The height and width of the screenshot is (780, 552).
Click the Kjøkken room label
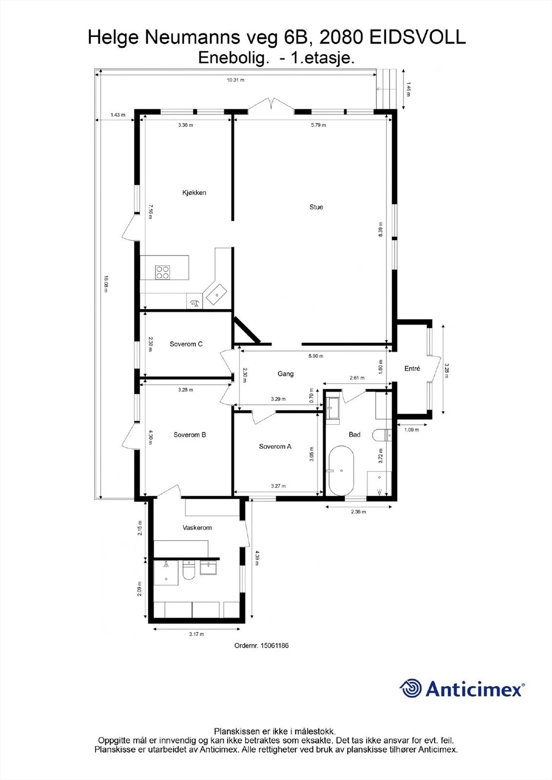tap(194, 193)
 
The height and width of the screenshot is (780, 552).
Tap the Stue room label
tap(316, 207)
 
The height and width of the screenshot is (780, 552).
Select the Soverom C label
tap(186, 344)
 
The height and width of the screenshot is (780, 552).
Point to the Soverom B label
tap(190, 434)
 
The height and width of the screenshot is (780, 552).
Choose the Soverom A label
tap(275, 446)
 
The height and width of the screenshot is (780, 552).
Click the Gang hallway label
tap(285, 374)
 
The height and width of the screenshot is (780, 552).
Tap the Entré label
tap(412, 369)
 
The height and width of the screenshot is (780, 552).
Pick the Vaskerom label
tap(197, 527)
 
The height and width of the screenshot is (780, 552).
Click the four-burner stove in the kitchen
tap(163, 272)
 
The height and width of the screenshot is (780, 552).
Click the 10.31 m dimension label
tap(236, 80)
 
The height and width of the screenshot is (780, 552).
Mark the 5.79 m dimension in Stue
tap(318, 125)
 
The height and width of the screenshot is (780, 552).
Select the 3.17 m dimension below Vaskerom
tap(196, 634)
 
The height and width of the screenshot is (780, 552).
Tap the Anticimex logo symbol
tap(411, 688)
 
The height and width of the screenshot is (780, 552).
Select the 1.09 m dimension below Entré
tap(412, 430)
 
